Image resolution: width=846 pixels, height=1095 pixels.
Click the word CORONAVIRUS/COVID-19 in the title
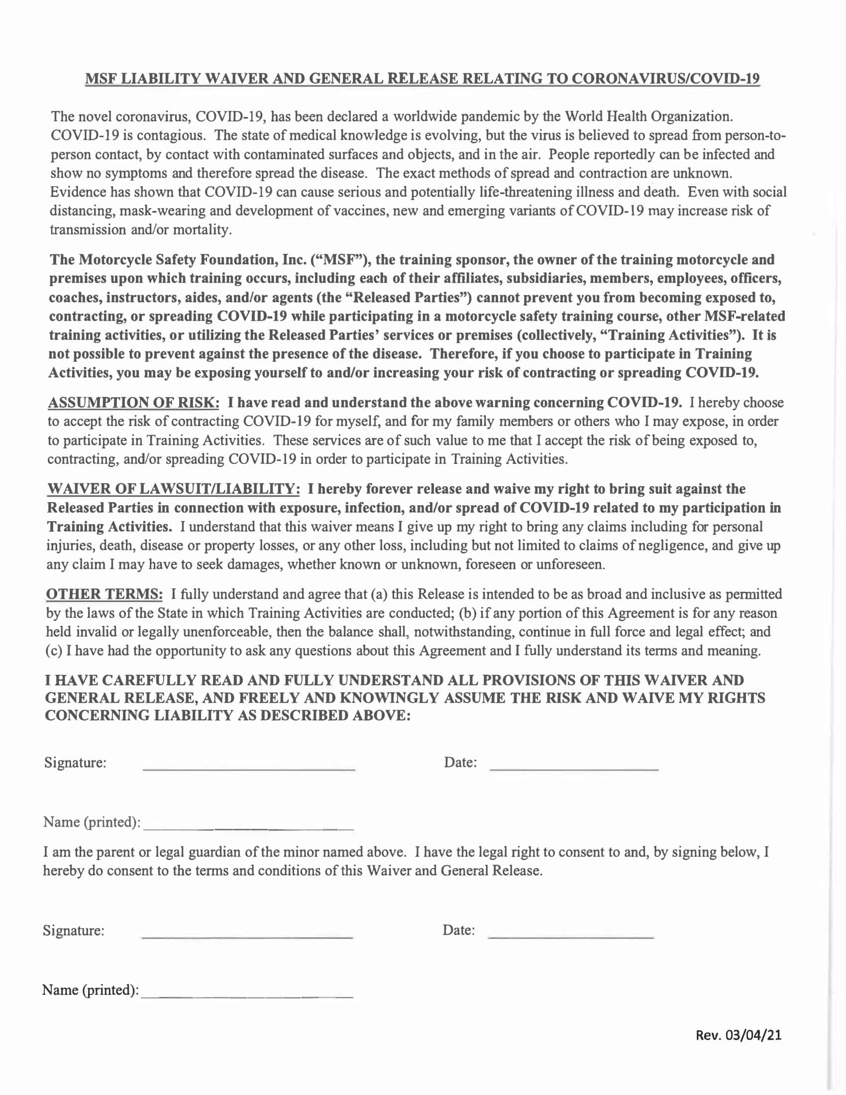[x=665, y=79]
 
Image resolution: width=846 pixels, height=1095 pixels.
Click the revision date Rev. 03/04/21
[x=738, y=1035]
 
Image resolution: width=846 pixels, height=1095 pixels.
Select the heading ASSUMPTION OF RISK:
[x=133, y=403]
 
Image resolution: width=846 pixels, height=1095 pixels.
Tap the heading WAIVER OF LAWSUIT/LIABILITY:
[x=173, y=489]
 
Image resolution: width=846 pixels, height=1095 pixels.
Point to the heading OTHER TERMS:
[x=104, y=594]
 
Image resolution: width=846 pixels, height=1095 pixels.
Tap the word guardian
[x=226, y=852]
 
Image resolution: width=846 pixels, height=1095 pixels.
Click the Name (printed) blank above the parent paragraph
[x=249, y=823]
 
